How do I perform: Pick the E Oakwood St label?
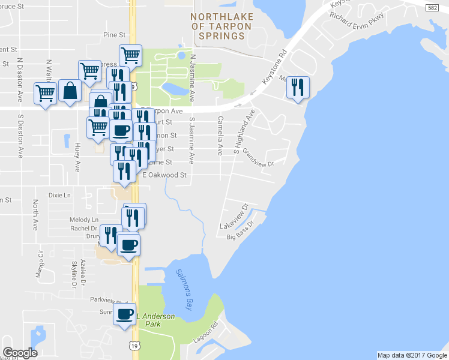click(x=165, y=176)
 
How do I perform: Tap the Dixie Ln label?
click(x=59, y=196)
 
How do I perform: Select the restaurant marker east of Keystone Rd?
click(x=298, y=88)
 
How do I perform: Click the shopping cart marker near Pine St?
click(x=130, y=55)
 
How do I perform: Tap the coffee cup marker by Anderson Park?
click(x=125, y=314)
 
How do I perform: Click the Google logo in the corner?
click(x=20, y=353)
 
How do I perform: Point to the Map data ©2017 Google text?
click(x=411, y=355)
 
